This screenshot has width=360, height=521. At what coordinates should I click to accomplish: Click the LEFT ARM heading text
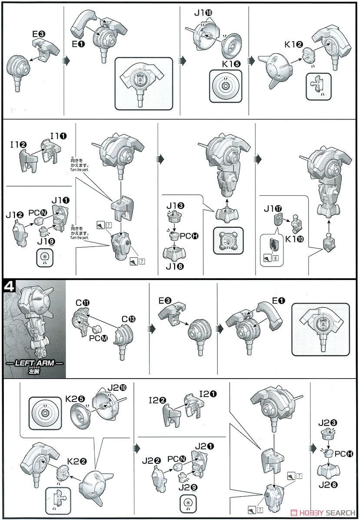34,363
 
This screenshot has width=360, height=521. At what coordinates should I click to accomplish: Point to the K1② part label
294,44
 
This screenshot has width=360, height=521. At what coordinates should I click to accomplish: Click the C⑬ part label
129,319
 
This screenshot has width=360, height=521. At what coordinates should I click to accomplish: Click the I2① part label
208,394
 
